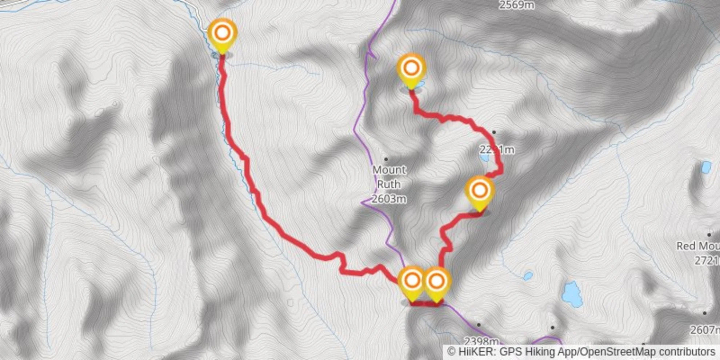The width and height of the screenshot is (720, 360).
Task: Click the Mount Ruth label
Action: [x=389, y=177]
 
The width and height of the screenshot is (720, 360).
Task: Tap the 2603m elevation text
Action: [x=389, y=199]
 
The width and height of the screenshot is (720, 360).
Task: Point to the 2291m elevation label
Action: [x=497, y=149]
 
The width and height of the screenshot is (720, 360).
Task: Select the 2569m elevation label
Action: [x=516, y=5]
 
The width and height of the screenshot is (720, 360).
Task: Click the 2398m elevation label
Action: [x=481, y=341]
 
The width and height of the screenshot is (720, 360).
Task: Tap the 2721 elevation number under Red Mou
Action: [x=707, y=260]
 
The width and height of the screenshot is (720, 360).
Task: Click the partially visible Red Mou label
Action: [x=697, y=246]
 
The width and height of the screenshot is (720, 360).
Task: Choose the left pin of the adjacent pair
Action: [x=412, y=281]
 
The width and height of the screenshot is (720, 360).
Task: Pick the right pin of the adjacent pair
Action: [x=436, y=281]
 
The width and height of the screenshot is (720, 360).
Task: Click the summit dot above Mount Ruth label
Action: [x=386, y=159]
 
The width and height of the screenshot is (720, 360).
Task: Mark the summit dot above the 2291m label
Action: [x=494, y=132]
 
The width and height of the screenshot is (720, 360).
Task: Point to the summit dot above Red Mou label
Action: [x=709, y=235]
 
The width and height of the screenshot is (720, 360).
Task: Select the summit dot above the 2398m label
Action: [x=479, y=325]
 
